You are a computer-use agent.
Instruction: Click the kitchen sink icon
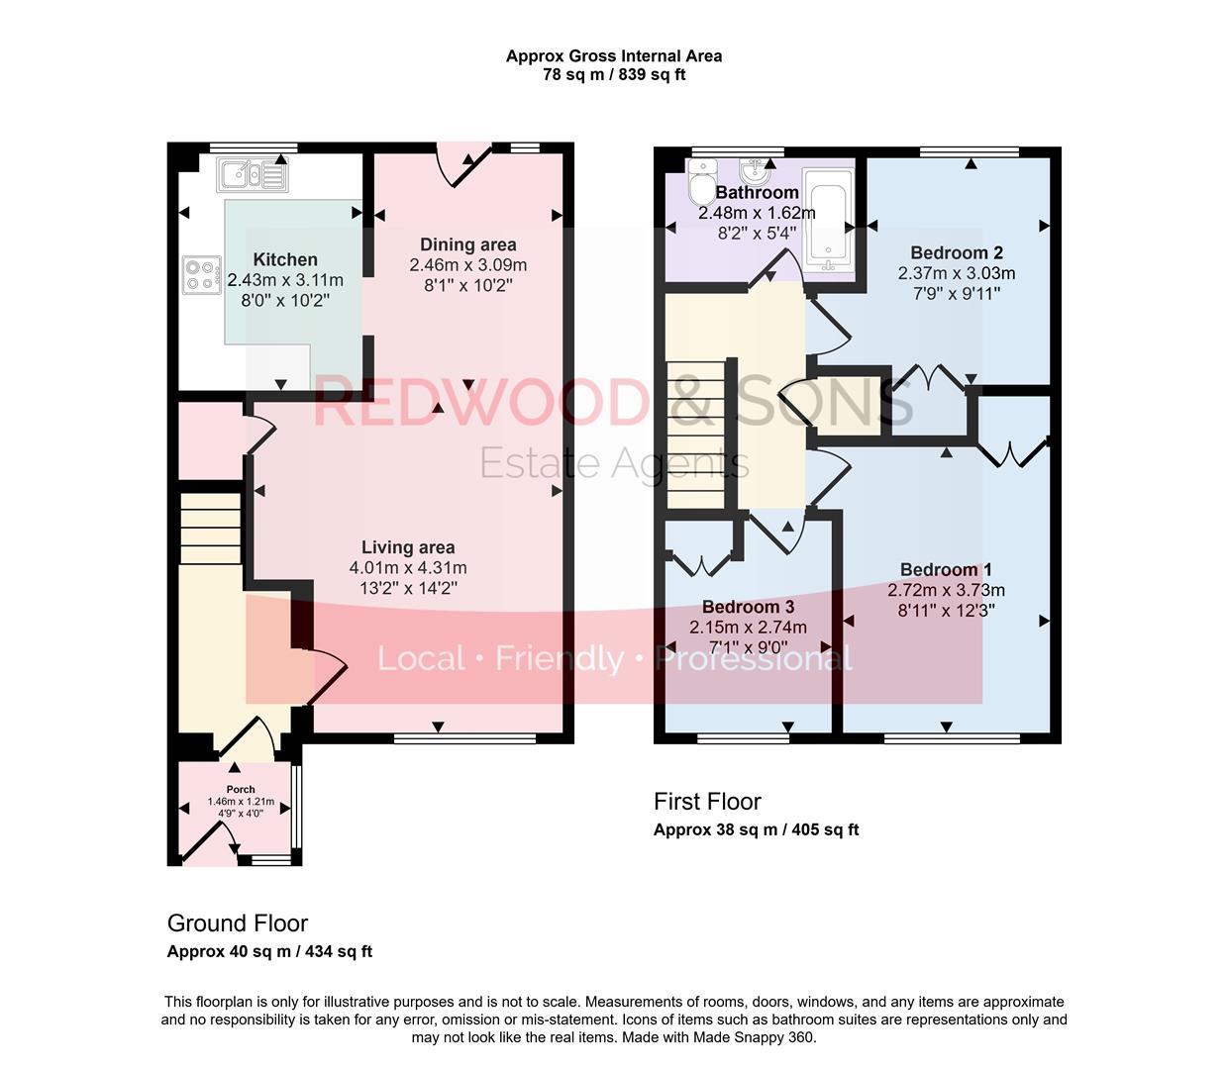click(x=254, y=175)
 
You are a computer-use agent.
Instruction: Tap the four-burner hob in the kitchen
click(x=201, y=274)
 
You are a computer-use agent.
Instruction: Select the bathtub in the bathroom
click(x=828, y=220)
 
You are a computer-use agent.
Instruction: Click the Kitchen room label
click(x=285, y=260)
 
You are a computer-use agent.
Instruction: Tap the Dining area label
click(x=467, y=244)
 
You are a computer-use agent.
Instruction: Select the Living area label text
click(x=407, y=547)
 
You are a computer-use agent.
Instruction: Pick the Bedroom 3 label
click(x=748, y=607)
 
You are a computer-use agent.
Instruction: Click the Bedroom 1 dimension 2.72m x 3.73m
click(x=946, y=590)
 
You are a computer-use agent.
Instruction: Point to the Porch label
click(x=241, y=790)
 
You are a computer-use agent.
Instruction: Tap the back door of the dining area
click(x=463, y=164)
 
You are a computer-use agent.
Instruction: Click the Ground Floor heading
click(x=238, y=923)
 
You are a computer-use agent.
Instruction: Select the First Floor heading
click(x=707, y=802)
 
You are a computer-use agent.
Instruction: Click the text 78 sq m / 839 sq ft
click(x=614, y=75)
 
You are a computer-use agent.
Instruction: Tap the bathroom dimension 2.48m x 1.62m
click(x=757, y=213)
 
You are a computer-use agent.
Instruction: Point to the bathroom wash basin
click(x=756, y=173)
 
